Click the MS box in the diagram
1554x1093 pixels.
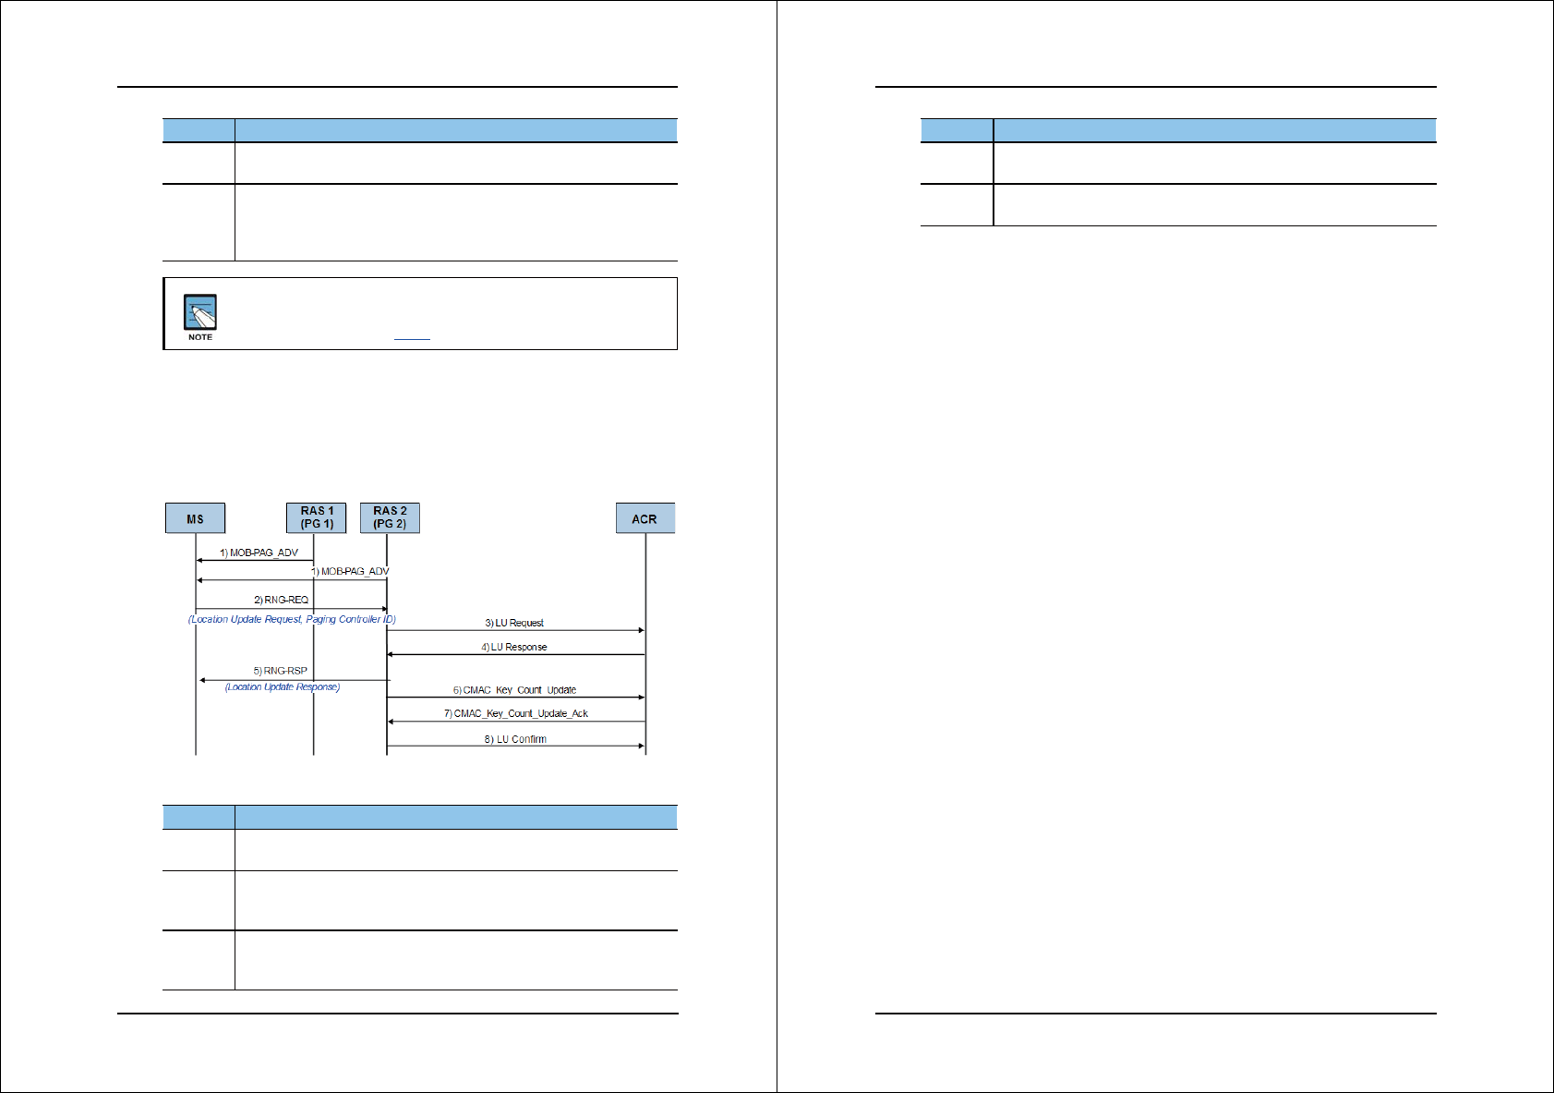click(x=195, y=518)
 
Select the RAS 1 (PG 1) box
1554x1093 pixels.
click(x=317, y=517)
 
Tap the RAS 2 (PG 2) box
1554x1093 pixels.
click(x=390, y=517)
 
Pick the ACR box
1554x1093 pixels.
click(x=644, y=518)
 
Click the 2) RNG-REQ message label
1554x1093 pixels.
click(x=281, y=600)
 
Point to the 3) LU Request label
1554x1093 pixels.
click(x=514, y=623)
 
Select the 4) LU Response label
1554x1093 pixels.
click(x=513, y=647)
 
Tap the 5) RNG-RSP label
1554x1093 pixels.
click(x=280, y=671)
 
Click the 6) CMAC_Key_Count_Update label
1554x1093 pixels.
click(x=514, y=690)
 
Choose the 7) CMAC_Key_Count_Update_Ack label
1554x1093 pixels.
click(x=515, y=713)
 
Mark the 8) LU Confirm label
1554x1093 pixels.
click(x=515, y=739)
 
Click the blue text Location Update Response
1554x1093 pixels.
click(x=283, y=686)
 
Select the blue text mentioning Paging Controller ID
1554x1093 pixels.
click(x=292, y=619)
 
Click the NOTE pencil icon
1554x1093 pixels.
click(x=199, y=313)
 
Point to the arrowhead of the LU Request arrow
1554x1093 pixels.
click(x=641, y=630)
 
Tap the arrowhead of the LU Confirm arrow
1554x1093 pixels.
click(x=641, y=746)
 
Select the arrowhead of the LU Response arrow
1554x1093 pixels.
click(x=391, y=654)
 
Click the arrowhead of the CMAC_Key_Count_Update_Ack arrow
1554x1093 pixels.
click(x=391, y=722)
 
